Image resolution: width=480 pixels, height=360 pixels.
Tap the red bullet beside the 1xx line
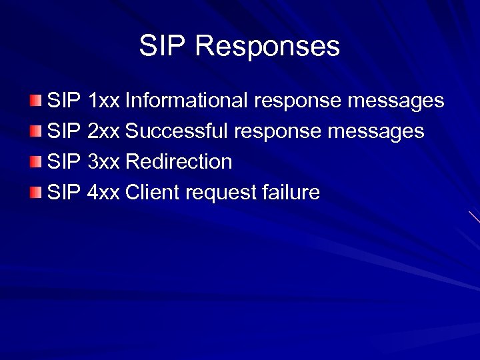coord(35,101)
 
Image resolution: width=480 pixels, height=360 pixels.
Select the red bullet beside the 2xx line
coord(35,131)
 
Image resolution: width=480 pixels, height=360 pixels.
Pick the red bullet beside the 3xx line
coord(35,162)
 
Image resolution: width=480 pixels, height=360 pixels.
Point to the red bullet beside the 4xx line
coord(35,193)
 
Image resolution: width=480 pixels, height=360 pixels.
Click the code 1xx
coord(103,101)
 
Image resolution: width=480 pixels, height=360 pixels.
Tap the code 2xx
coord(103,131)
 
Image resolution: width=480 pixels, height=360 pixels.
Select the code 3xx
coord(103,162)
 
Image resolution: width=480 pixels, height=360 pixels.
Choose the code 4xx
coord(103,193)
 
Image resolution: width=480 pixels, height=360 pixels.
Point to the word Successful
coord(177,131)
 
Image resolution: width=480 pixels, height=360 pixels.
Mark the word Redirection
coord(179,162)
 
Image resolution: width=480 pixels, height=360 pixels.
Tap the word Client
coord(153,193)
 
